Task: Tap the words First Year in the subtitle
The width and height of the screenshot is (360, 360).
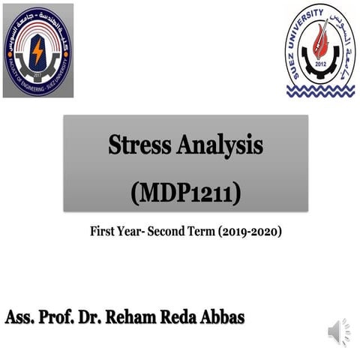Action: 117,232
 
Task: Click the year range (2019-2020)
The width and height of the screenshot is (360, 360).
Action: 250,232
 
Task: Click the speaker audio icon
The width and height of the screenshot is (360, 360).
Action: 339,331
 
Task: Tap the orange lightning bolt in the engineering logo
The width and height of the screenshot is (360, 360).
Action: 37,50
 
